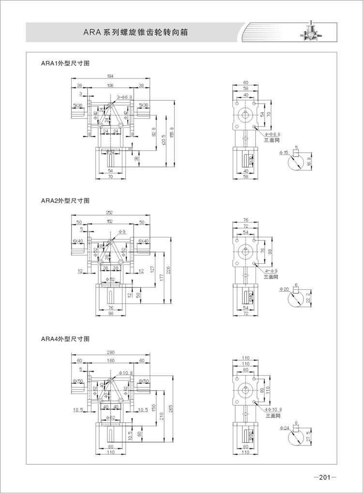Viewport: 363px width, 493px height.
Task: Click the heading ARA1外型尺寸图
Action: point(66,64)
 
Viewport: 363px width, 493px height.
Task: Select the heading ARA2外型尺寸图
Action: point(66,201)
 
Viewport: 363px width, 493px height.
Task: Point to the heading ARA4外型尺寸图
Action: point(66,339)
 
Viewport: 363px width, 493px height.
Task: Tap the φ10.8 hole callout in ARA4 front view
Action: point(126,373)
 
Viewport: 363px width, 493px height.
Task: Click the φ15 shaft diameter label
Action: point(284,153)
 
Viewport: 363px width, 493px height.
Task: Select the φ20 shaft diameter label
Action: point(284,289)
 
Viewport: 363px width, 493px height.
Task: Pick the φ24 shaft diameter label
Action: point(284,428)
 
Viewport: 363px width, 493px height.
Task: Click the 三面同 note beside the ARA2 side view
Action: point(271,277)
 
